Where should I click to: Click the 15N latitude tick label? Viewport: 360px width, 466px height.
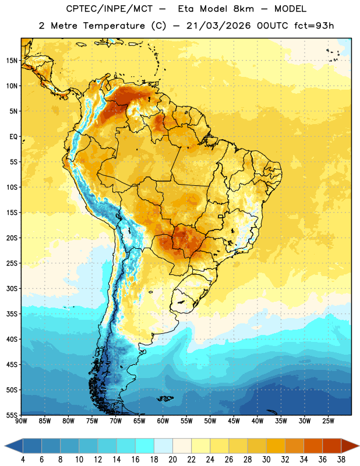(12, 61)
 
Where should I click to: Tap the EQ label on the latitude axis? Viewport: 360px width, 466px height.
(13, 137)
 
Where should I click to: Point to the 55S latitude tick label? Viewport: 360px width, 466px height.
(12, 415)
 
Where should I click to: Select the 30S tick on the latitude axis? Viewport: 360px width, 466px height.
(12, 288)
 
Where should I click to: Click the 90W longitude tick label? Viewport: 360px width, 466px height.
(21, 421)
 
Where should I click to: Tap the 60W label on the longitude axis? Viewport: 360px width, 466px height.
(163, 421)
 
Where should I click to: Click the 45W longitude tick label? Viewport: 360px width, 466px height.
(234, 421)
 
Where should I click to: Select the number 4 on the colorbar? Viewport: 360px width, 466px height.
(23, 460)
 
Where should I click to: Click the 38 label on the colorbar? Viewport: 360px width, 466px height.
(341, 460)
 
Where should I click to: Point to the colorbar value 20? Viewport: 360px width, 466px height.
(172, 460)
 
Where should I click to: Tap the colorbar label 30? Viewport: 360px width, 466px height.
(266, 460)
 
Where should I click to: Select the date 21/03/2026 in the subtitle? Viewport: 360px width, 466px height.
(218, 26)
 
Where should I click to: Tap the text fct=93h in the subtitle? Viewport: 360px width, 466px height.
(314, 26)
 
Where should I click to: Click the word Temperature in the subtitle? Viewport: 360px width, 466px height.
(114, 26)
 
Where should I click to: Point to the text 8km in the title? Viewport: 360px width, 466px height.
(243, 9)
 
